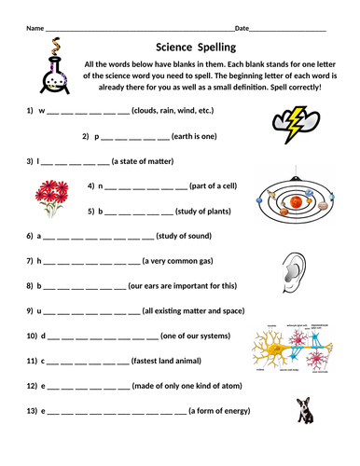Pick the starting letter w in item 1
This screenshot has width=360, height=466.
[41, 110]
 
